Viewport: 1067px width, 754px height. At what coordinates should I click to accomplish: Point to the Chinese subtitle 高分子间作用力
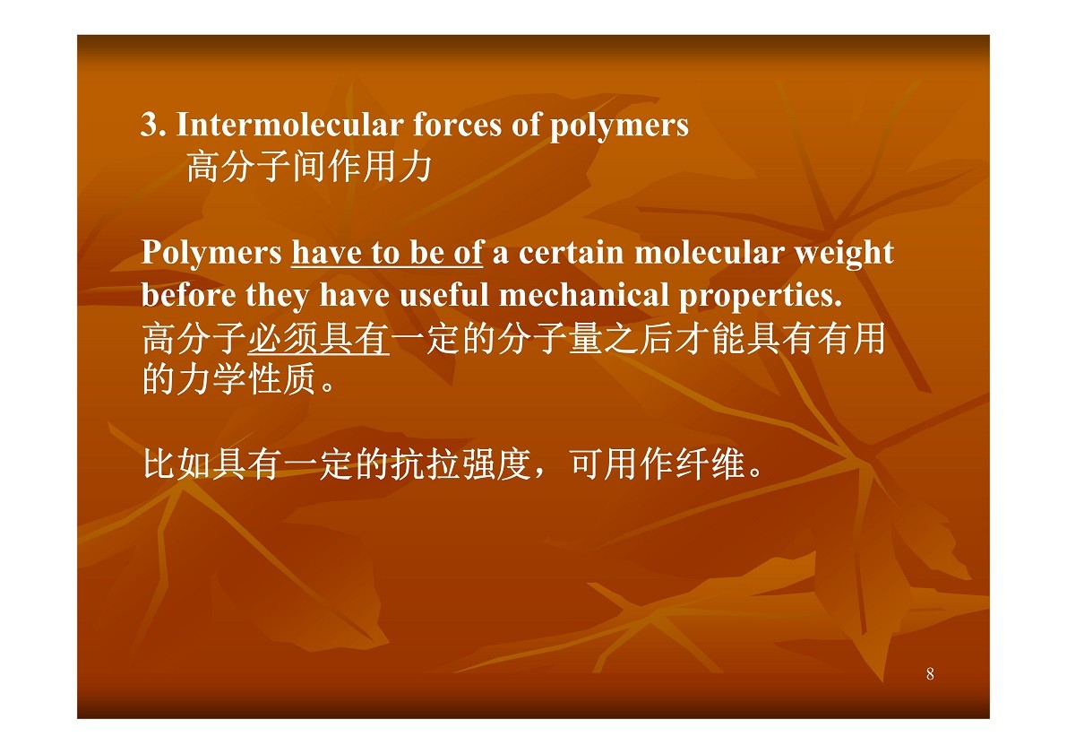[x=310, y=168]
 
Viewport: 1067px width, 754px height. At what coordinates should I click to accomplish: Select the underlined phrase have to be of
[x=387, y=253]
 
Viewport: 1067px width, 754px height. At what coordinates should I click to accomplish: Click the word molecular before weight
[x=709, y=253]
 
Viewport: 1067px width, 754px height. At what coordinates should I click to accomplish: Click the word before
[x=188, y=295]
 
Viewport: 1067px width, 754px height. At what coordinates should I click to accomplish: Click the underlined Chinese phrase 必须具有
[x=318, y=339]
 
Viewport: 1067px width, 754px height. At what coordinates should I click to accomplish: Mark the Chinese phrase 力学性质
[x=247, y=379]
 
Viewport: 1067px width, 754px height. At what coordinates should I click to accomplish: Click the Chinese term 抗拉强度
[x=460, y=465]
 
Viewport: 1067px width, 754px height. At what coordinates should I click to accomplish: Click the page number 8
[x=930, y=674]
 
